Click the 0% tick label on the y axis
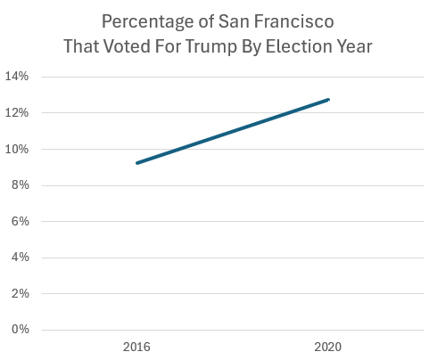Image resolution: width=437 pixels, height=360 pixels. (19, 330)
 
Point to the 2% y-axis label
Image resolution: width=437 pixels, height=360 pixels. (19, 293)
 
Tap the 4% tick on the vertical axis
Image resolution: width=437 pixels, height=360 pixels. (19, 258)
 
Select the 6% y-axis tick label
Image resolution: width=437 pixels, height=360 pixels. (19, 221)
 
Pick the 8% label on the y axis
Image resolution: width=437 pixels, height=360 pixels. (19, 185)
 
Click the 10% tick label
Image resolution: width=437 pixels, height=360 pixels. (17, 149)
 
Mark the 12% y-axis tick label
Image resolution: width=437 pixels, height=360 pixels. (17, 113)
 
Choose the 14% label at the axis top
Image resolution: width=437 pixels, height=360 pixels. (17, 77)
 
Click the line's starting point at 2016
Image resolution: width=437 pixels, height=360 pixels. (136, 163)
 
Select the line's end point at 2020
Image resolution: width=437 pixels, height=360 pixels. (329, 99)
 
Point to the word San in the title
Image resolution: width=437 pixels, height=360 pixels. (233, 20)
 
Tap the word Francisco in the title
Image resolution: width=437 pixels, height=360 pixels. (293, 20)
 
